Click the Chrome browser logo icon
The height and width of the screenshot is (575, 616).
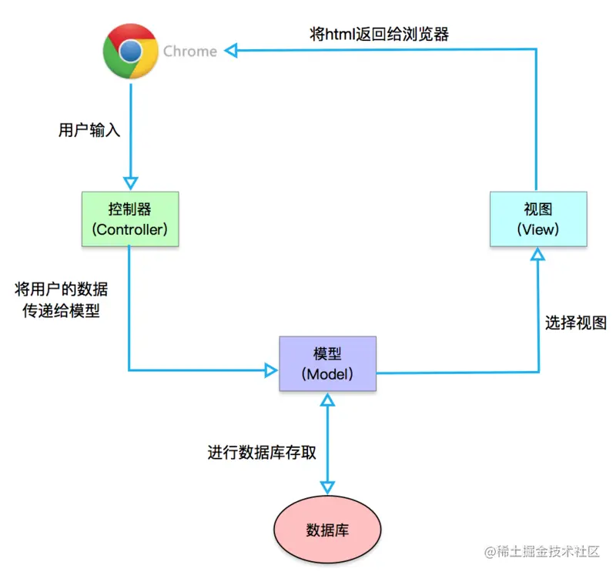130,52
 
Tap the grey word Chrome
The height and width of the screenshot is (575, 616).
189,52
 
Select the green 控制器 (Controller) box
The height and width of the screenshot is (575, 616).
130,219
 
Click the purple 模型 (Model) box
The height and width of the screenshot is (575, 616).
327,363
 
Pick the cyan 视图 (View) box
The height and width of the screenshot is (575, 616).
538,219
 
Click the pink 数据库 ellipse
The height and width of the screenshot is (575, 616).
327,530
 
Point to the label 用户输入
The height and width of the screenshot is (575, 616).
89,130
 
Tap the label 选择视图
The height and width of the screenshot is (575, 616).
576,323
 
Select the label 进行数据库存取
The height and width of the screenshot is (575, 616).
262,452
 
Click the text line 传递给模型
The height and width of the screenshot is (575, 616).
62,312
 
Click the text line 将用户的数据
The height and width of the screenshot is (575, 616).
62,290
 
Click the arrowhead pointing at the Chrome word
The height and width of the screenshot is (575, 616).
231,51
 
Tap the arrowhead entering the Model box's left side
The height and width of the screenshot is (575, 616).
270,370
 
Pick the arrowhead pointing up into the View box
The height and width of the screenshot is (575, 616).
538,254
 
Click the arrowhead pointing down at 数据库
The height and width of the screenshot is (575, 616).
327,487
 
